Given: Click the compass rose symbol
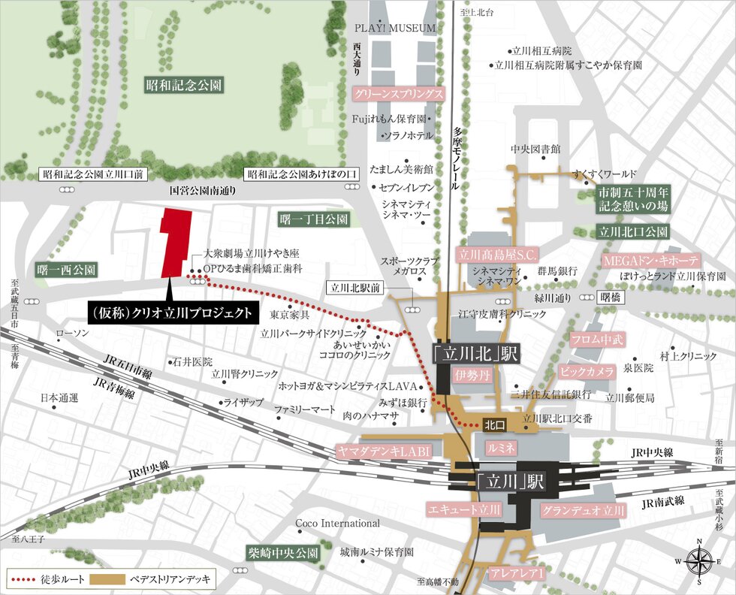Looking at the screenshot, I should [699, 559].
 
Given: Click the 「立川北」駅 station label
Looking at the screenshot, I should [476, 352].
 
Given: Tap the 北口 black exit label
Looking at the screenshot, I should [494, 424].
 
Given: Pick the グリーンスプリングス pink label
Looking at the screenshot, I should [398, 95].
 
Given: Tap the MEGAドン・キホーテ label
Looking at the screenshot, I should [651, 260].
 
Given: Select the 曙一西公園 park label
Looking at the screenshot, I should [67, 268].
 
